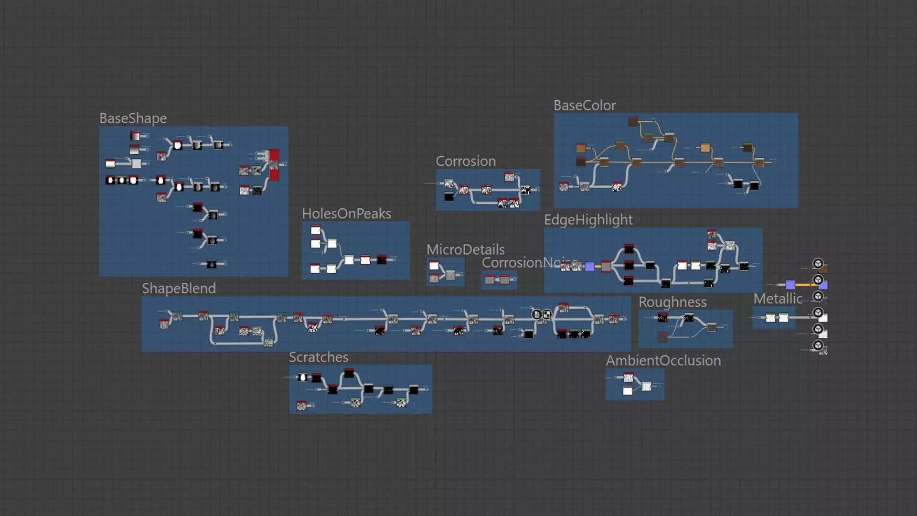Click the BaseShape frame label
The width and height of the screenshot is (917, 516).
pyautogui.click(x=133, y=118)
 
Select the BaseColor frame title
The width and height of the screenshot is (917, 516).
pyautogui.click(x=585, y=106)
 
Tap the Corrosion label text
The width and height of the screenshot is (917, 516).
pyautogui.click(x=466, y=161)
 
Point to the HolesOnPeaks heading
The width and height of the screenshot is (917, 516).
pyautogui.click(x=346, y=214)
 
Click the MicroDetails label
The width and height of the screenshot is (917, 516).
pyautogui.click(x=465, y=249)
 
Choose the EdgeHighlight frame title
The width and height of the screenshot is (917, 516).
pyautogui.click(x=588, y=220)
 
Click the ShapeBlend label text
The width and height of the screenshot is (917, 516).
pyautogui.click(x=179, y=289)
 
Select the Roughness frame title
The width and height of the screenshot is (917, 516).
pyautogui.click(x=672, y=302)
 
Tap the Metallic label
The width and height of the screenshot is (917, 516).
pyautogui.click(x=778, y=299)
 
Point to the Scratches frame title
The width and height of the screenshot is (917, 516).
pyautogui.click(x=319, y=357)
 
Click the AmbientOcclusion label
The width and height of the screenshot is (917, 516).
pyautogui.click(x=663, y=361)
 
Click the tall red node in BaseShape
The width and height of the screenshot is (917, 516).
pyautogui.click(x=274, y=164)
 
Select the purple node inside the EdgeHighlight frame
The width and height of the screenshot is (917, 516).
pyautogui.click(x=590, y=267)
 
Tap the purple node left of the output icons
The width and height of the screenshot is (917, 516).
pyautogui.click(x=790, y=285)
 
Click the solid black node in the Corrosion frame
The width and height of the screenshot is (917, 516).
pyautogui.click(x=449, y=197)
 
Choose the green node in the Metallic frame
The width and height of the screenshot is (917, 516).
pyautogui.click(x=770, y=318)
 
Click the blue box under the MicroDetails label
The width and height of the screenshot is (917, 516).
pyautogui.click(x=445, y=272)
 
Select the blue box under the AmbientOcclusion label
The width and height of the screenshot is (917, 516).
pyautogui.click(x=635, y=385)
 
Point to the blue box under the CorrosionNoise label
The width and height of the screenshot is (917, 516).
pyautogui.click(x=499, y=280)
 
